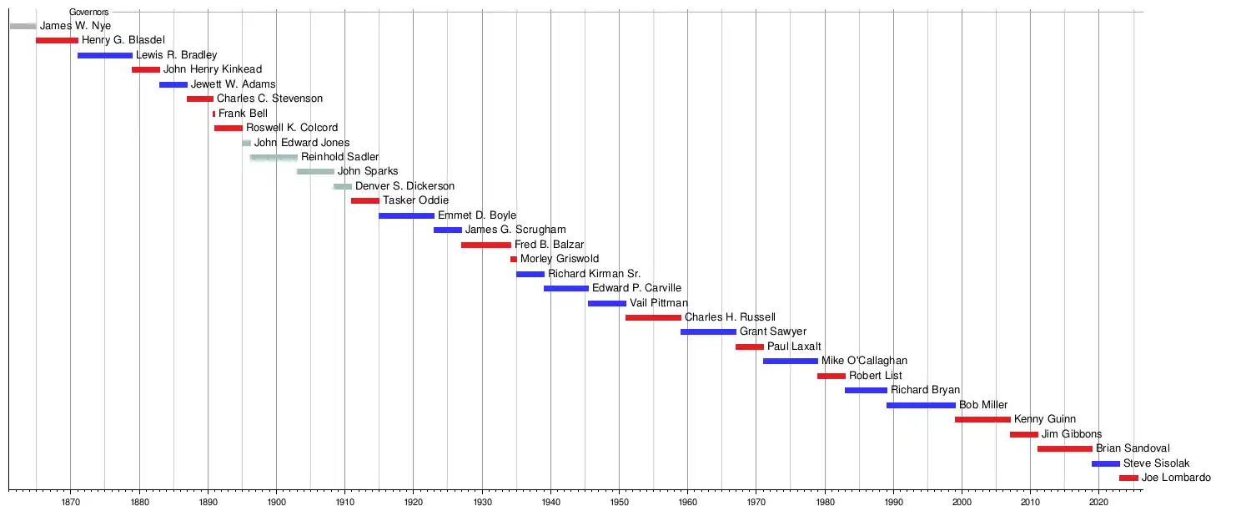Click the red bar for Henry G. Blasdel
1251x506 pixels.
tap(57, 40)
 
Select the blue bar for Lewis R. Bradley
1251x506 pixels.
tap(105, 55)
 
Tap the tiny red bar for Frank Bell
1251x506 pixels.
tap(214, 114)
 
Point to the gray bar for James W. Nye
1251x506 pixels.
tap(23, 26)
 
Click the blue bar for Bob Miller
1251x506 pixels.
tap(921, 405)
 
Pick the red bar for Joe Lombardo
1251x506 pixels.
tap(1128, 478)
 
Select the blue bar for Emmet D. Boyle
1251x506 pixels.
tap(406, 215)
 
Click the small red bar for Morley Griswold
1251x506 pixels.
tap(514, 259)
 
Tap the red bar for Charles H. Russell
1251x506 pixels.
tap(653, 317)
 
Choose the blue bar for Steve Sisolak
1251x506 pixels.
tap(1106, 463)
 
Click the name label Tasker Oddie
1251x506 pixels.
tap(415, 200)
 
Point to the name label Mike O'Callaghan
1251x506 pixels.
tap(864, 361)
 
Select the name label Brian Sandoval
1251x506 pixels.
tap(1133, 448)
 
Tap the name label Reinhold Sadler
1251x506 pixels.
tap(339, 157)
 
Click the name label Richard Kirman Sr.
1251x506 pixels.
tap(594, 274)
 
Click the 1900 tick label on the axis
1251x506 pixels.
tap(276, 502)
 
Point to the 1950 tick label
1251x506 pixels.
tap(619, 502)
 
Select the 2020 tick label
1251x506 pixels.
tap(1098, 502)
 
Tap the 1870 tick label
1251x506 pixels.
tap(70, 502)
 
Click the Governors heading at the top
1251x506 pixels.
tap(88, 12)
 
